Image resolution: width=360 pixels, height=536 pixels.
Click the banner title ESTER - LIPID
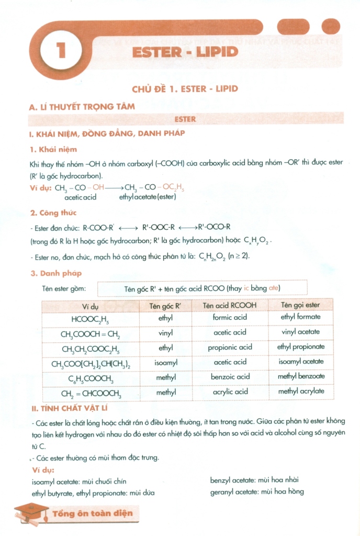coord(185,52)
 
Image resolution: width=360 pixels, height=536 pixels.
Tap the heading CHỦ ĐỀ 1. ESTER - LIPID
coord(185,88)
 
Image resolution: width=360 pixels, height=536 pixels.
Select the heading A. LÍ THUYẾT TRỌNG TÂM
coord(82,106)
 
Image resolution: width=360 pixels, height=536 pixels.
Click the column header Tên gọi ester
coord(300,305)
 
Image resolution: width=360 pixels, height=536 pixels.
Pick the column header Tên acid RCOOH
coord(230,305)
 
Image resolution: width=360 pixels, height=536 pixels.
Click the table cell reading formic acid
coord(230,317)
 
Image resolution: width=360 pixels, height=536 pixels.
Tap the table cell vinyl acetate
coord(300,332)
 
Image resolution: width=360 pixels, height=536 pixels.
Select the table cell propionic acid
coord(230,347)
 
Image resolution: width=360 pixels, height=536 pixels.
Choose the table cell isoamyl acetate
coord(300,362)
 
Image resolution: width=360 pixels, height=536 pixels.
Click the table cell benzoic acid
coord(230,377)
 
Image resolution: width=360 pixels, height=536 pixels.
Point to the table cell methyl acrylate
coord(301,392)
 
